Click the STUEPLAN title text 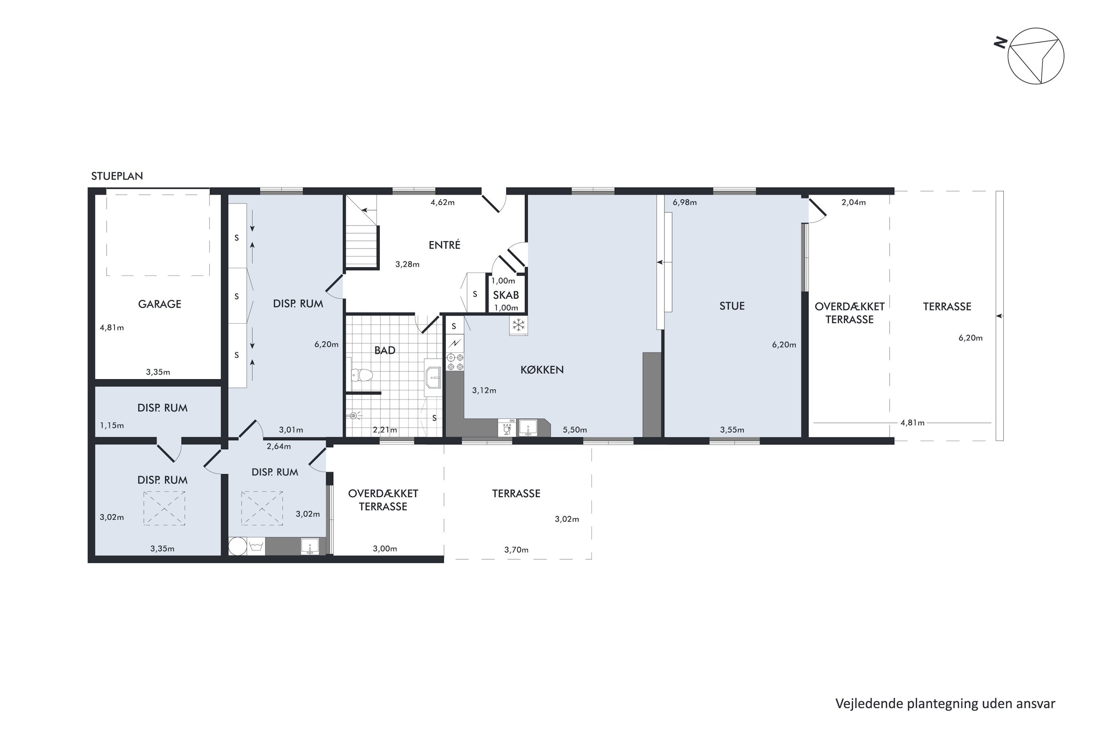point(117,176)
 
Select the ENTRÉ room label point(444,245)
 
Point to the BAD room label point(385,350)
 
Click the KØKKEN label point(542,370)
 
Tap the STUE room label point(732,306)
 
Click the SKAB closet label point(506,295)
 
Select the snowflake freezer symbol point(518,325)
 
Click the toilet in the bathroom point(361,375)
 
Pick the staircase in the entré point(361,232)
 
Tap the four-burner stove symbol point(455,362)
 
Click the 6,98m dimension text point(684,203)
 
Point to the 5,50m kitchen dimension point(575,430)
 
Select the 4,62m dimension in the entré point(442,203)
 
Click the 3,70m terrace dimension point(516,550)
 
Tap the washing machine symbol point(255,546)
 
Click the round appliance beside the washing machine point(238,546)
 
